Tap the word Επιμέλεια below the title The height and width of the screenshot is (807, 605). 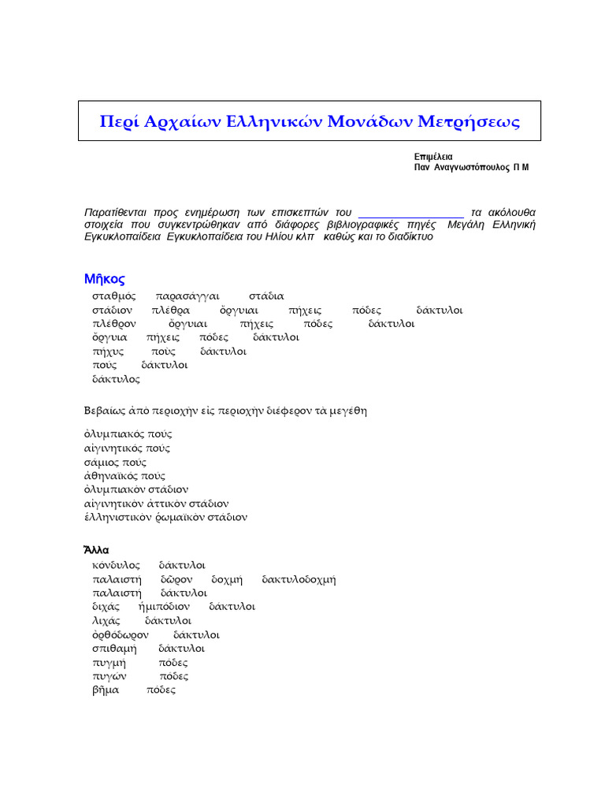pos(433,157)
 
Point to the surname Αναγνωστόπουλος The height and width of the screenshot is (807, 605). pos(471,168)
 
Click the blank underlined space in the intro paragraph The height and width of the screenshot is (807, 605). pos(410,213)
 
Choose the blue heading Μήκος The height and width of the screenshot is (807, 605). pos(104,279)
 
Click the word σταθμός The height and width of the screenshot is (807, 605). pos(113,296)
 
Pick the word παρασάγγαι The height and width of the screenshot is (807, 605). pos(187,296)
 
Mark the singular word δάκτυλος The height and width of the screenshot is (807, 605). pos(116,379)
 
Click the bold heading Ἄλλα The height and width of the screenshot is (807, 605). pos(96,550)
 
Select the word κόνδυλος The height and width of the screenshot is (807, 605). pos(116,565)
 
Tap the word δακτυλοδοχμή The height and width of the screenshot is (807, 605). pos(299,579)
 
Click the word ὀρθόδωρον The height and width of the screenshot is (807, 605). pos(120,634)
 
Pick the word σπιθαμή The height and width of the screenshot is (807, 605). pos(114,649)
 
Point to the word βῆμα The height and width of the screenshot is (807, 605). pos(106,690)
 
